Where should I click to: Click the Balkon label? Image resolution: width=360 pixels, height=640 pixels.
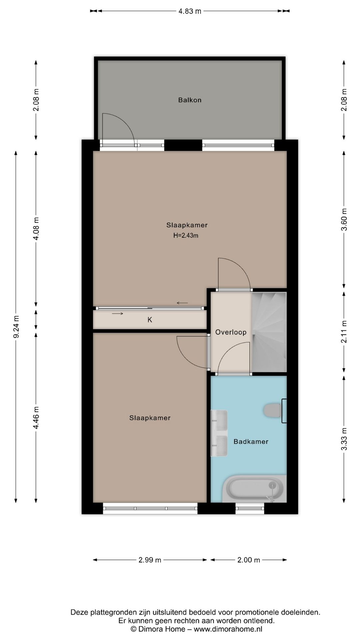coord(190,100)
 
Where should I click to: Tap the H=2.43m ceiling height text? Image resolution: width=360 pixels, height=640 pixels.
coord(186,236)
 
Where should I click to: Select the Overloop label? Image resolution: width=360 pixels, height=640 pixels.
coord(231,332)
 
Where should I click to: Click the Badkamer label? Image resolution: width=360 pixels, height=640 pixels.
coord(251,442)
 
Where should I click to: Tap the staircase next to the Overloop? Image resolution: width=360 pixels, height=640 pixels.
coord(269,332)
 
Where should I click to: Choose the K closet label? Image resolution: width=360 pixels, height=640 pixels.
coord(150,320)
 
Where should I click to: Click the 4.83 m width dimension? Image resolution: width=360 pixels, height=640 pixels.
coord(190,11)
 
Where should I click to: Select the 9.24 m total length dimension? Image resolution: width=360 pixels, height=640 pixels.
coord(16,327)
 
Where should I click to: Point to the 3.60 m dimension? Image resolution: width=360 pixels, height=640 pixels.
coord(344,219)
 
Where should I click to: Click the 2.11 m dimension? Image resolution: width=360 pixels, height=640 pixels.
coord(344,332)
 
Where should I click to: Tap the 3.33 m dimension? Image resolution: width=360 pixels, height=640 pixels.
coord(344,439)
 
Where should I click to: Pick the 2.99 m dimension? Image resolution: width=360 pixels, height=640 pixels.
coord(150,560)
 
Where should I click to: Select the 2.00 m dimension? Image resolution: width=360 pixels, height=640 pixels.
coord(249,560)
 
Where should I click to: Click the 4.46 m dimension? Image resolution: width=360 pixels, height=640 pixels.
coord(36,418)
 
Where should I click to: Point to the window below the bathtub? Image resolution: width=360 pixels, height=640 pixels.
coord(250,508)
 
